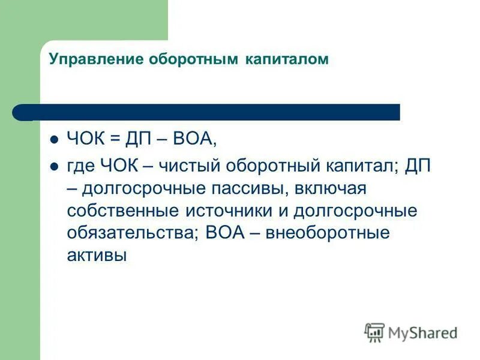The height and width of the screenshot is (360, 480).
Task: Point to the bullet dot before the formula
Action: coord(53,140)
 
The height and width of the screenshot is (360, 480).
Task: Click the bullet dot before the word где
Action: coord(53,166)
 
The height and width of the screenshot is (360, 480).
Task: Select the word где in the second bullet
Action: coord(80,166)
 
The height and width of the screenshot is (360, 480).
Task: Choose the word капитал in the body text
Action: coord(351,166)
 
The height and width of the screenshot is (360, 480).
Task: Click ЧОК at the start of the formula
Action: coord(86,140)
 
